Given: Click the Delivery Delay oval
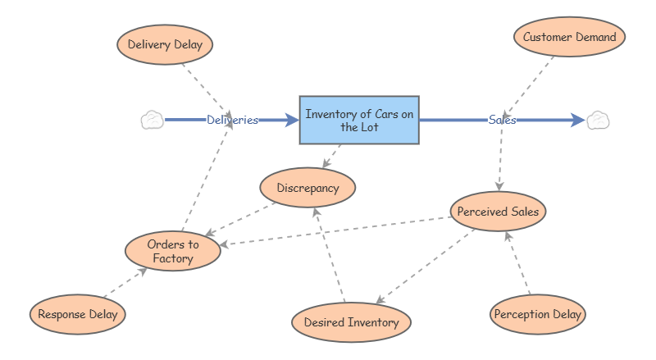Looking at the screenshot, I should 165,43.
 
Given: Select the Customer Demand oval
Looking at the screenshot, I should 569,37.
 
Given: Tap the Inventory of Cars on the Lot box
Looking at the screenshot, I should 359,120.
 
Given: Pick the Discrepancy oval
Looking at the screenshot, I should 307,188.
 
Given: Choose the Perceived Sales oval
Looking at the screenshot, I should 498,211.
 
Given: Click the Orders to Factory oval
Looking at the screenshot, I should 172,252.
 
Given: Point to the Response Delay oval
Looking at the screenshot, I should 78,314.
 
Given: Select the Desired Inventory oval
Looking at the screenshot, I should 351,322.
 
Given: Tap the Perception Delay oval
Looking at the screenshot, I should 538,314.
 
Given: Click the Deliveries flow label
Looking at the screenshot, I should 232,120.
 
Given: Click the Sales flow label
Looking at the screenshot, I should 502,120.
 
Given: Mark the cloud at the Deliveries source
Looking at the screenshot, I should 152,120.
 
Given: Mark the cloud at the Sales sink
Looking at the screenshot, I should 598,120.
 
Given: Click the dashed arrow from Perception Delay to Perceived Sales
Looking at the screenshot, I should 518,264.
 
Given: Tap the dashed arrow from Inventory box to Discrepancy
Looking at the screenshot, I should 332,156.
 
